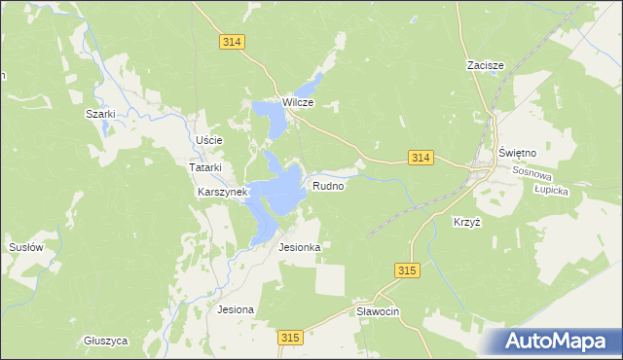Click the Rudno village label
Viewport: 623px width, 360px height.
point(328,185)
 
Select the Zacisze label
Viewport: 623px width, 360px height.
point(484,65)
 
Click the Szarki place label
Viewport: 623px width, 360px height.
point(100,114)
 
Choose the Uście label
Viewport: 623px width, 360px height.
point(209,140)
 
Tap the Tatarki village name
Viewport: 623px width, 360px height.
point(205,166)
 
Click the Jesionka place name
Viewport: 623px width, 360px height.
point(299,247)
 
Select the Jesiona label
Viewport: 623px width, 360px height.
point(236,309)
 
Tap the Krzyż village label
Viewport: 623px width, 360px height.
point(467,222)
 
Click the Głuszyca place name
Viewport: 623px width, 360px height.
point(106,341)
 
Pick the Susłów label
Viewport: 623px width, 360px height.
point(26,247)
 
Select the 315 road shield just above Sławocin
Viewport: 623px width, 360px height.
point(408,270)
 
